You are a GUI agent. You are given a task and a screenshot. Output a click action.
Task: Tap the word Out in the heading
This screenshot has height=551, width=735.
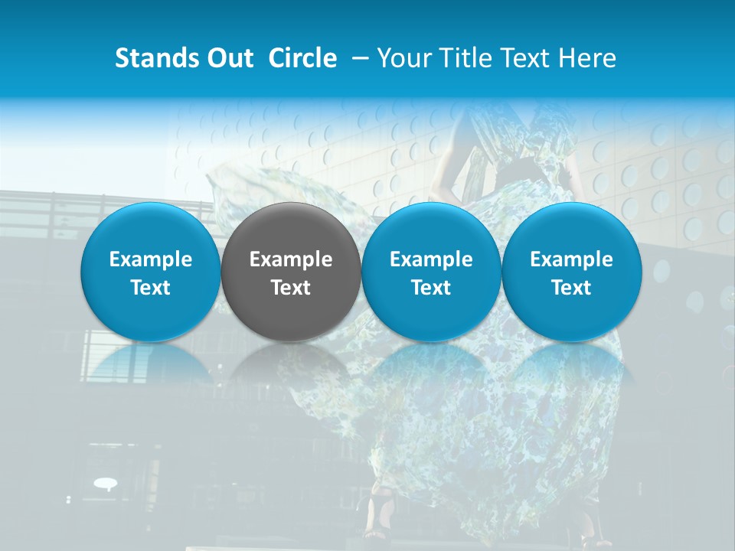[x=229, y=58]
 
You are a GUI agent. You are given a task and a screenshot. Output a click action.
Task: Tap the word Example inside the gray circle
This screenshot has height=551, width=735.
[x=291, y=259]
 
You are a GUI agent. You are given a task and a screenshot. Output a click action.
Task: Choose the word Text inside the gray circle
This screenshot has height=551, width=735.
[x=291, y=288]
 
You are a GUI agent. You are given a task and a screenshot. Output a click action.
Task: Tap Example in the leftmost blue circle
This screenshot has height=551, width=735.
[x=151, y=259]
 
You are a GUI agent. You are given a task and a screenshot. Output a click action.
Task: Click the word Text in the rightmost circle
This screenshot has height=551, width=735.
[x=571, y=288]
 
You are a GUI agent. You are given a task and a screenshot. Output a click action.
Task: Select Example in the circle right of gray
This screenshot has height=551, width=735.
[x=431, y=259]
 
